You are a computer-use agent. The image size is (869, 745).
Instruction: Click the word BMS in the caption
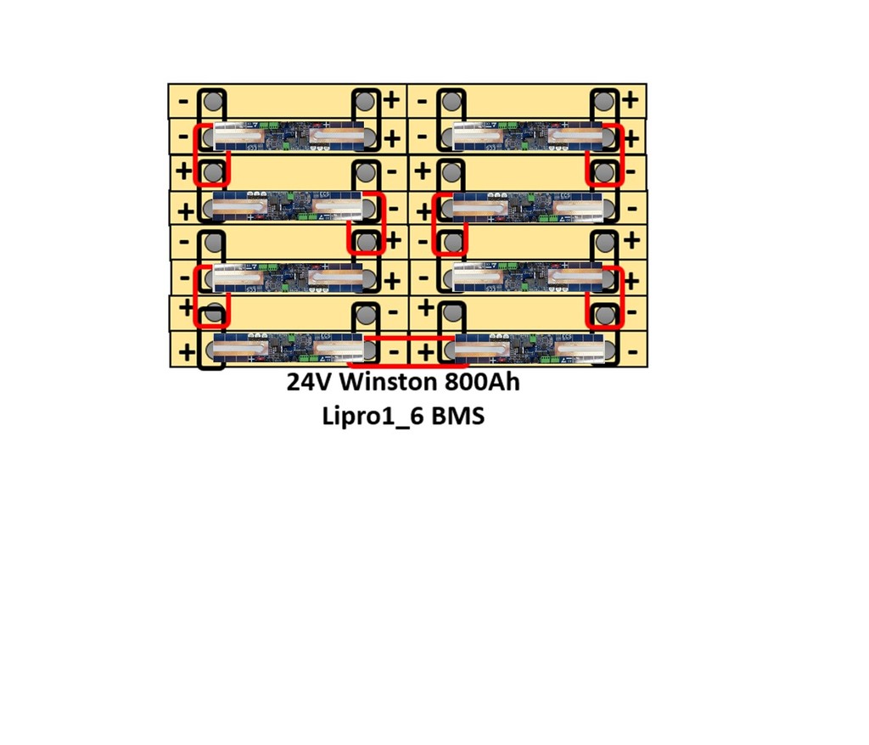click(457, 416)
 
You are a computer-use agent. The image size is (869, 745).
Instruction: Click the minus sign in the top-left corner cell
click(183, 102)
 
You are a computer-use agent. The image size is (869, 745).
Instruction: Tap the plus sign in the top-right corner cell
click(631, 100)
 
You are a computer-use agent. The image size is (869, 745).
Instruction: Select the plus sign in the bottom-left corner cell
click(187, 352)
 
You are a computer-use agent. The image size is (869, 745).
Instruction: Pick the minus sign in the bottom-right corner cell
click(633, 351)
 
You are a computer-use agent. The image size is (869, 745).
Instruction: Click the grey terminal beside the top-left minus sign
click(213, 102)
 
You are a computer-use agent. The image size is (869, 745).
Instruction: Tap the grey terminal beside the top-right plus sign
click(604, 102)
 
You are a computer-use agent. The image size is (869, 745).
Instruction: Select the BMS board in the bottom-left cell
click(289, 348)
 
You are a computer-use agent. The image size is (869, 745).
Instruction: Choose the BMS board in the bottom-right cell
click(529, 348)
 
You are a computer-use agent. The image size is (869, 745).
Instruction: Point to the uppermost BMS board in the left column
click(289, 136)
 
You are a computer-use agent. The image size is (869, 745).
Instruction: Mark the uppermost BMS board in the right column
click(528, 136)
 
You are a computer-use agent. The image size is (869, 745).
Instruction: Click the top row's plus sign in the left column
click(391, 100)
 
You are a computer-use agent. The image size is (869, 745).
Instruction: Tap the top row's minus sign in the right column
click(423, 102)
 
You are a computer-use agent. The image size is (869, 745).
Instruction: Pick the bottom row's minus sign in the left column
click(394, 351)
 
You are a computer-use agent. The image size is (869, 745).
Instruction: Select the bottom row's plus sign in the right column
click(426, 352)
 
